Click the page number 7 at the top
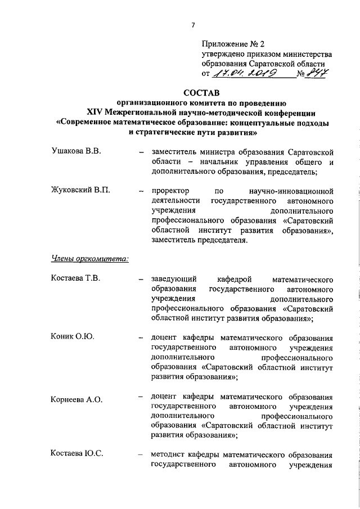tap(192, 25)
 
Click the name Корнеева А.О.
tap(76, 400)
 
